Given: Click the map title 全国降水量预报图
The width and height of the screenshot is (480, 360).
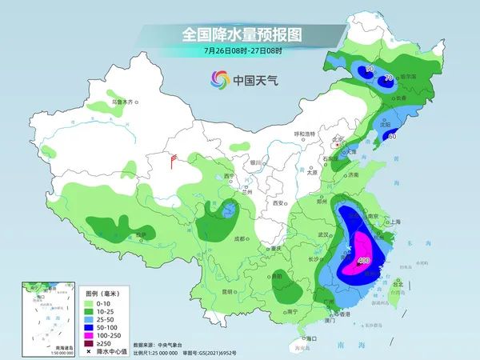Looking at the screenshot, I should (x=239, y=36).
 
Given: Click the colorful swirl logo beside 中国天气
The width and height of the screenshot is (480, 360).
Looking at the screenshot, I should (x=219, y=79).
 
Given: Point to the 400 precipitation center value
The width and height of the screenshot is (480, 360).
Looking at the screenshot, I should (x=364, y=261).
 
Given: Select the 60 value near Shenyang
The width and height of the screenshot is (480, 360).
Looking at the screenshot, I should (x=391, y=136).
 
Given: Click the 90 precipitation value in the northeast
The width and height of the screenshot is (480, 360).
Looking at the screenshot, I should (x=370, y=70).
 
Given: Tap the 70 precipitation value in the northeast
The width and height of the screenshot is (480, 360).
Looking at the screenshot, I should (x=389, y=78).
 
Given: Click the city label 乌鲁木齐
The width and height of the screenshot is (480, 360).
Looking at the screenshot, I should (x=125, y=102).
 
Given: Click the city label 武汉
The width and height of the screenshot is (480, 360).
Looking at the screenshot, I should (x=323, y=234).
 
